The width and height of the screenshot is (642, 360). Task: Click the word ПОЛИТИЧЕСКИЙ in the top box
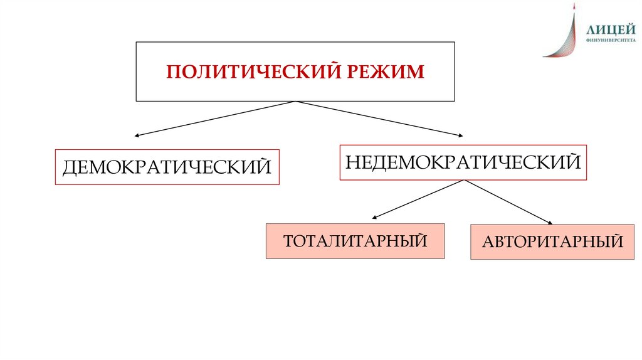(246, 71)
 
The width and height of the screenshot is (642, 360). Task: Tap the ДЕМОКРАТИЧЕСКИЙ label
(167, 167)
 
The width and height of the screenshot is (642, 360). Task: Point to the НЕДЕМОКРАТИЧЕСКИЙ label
(463, 162)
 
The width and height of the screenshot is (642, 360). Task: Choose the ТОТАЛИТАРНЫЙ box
(355, 241)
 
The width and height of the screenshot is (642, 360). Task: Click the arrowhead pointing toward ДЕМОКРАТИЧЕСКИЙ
(137, 135)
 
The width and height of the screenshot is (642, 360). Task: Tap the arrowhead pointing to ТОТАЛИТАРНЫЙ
(374, 217)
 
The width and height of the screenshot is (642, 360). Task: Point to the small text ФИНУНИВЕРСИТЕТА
(606, 40)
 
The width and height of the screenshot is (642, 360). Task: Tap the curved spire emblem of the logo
(564, 34)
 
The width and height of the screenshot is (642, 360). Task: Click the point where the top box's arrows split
(295, 102)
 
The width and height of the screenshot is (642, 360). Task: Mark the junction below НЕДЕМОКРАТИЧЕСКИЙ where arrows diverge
(464, 181)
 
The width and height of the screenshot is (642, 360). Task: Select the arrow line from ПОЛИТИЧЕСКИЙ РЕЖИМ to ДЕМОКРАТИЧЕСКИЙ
(216, 118)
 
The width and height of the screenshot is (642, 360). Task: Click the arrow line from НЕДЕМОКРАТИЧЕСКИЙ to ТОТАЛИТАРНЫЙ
(419, 199)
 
